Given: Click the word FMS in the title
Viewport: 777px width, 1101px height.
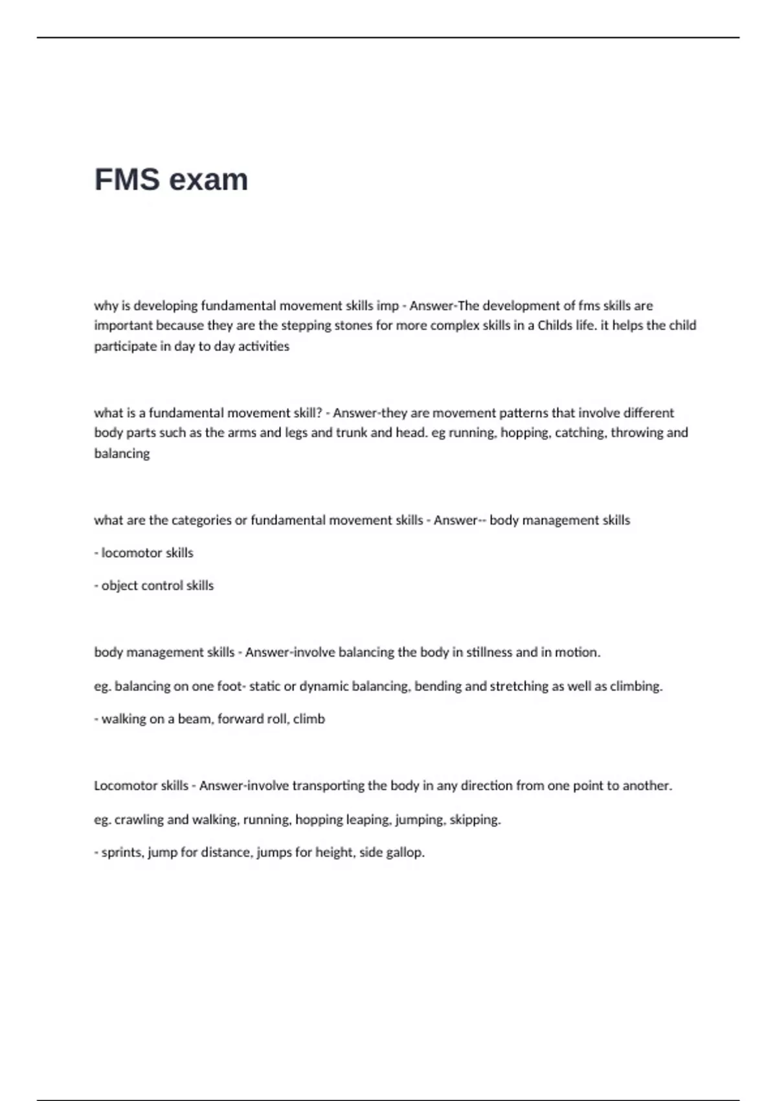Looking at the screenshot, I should (x=127, y=179).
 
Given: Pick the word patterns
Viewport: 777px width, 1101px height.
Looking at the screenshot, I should (x=543, y=413).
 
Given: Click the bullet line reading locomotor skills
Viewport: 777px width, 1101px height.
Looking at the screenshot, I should (x=144, y=553).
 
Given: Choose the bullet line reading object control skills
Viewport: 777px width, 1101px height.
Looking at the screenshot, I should (x=154, y=585).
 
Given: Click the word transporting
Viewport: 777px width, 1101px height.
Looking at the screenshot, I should (x=328, y=786).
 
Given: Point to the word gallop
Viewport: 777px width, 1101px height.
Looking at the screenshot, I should (x=405, y=852).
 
